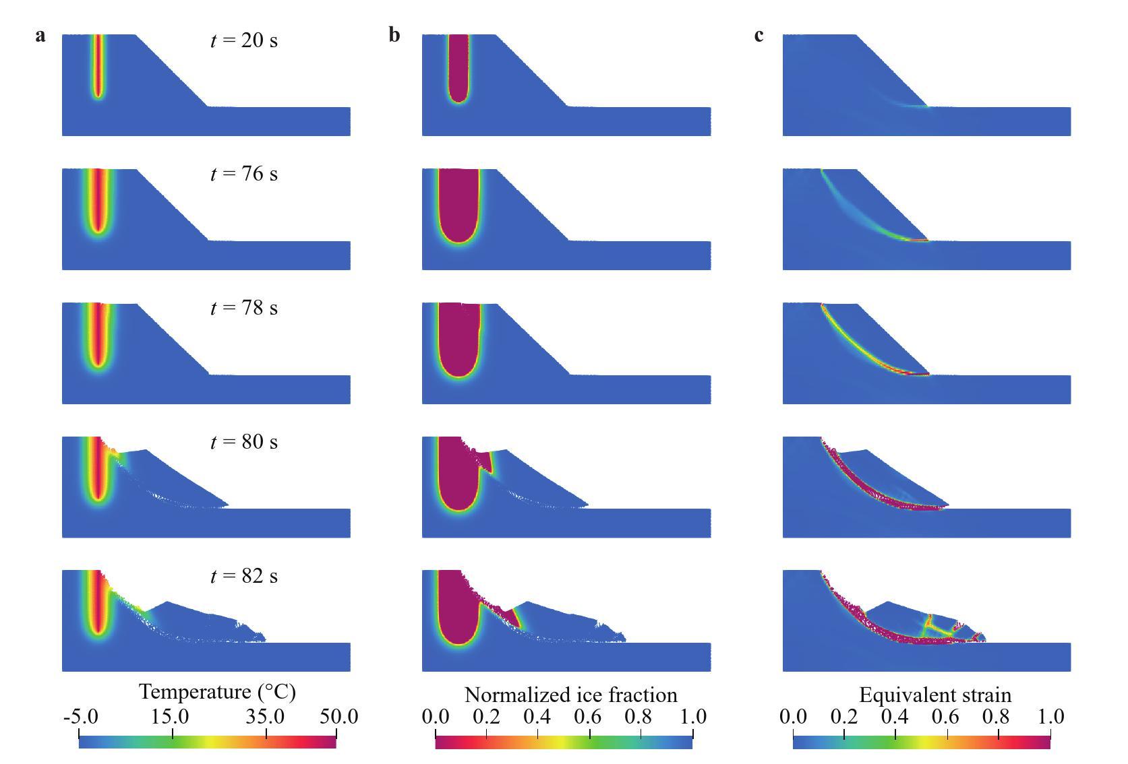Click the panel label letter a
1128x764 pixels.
point(40,35)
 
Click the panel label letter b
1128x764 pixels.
point(394,35)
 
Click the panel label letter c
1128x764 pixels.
point(759,35)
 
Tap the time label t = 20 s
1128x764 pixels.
point(243,40)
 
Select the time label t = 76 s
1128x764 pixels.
point(243,174)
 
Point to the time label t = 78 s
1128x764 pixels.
point(243,308)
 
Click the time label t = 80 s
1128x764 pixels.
point(243,442)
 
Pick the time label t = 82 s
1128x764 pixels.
point(243,576)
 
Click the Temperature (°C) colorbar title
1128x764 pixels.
point(217,692)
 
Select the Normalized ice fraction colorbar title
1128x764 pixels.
point(570,695)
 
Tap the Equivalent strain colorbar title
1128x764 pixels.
point(934,695)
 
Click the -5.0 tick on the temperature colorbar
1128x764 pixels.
point(80,717)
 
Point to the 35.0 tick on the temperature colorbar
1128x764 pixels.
point(266,717)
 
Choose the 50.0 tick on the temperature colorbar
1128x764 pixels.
point(338,717)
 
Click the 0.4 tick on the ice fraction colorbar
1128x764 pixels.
point(537,717)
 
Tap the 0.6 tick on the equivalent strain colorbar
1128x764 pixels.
point(947,717)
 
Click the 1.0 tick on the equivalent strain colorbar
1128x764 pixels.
point(1050,717)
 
